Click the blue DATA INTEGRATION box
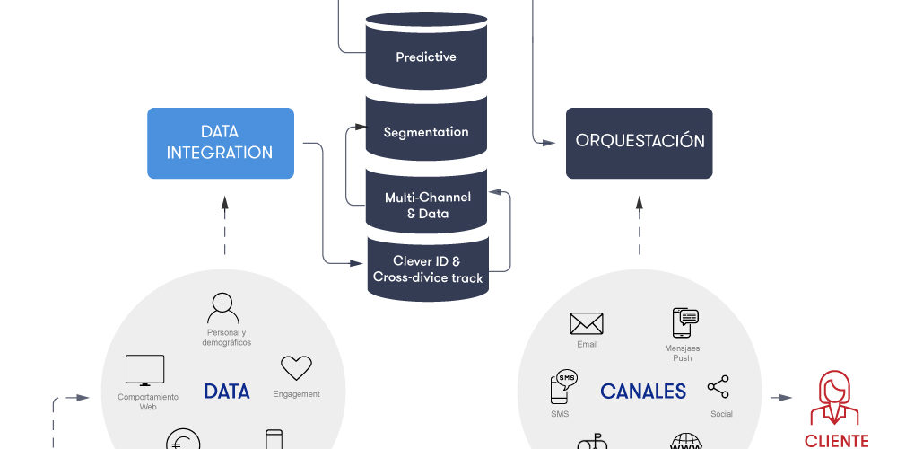point(221,143)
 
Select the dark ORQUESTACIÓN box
point(640,143)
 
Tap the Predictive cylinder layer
point(426,57)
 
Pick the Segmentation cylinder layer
point(426,132)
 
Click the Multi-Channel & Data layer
point(428,206)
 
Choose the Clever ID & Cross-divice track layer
point(428,269)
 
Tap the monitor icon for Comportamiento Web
point(144,370)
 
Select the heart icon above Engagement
point(296,368)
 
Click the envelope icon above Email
point(587,323)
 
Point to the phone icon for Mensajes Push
point(685,322)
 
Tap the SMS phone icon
point(562,387)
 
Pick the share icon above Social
point(718,388)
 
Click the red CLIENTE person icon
point(834,399)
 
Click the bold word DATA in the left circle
point(226,392)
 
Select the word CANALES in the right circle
point(643,392)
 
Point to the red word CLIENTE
point(836,441)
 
